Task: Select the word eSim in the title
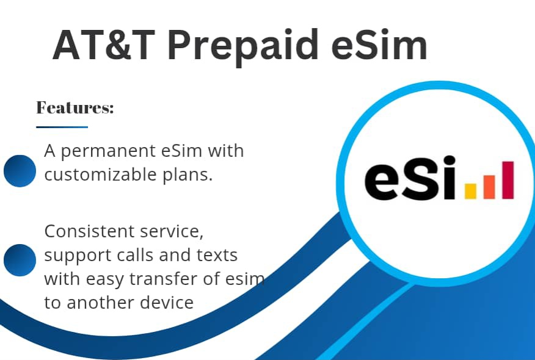pos(377,45)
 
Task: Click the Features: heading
pos(75,108)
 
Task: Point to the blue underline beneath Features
pos(62,127)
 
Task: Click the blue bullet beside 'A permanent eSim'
pos(20,170)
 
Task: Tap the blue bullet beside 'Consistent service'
pos(20,260)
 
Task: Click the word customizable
pos(101,175)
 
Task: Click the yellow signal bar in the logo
pos(470,192)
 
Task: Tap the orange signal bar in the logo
pos(489,186)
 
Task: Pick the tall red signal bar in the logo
pos(508,180)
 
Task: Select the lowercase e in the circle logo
pos(384,182)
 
